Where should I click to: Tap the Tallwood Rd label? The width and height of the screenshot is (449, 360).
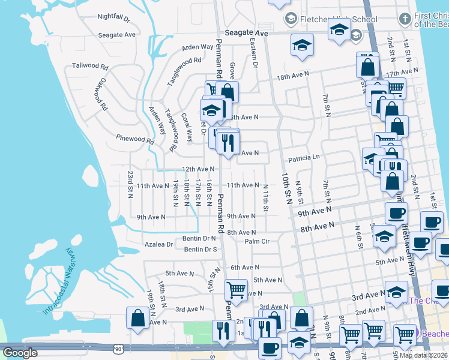coord(90,66)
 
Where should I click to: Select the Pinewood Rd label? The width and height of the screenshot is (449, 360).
coord(135,139)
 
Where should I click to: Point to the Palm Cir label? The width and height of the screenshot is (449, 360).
coord(257,241)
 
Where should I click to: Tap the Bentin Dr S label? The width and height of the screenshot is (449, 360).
coord(200,249)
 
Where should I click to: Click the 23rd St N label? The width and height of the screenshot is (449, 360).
coord(130,184)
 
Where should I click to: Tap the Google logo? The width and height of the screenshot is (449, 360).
coord(20,353)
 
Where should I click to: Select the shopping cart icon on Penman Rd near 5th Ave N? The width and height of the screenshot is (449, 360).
coord(236,290)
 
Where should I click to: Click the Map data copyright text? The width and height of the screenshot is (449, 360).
coord(423,355)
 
